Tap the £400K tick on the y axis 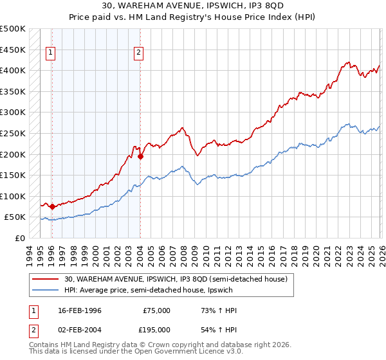click(13, 70)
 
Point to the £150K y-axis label click(13, 175)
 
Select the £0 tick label click(21, 238)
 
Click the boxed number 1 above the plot click(51, 54)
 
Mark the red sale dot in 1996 click(52, 206)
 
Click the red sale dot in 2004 click(140, 156)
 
